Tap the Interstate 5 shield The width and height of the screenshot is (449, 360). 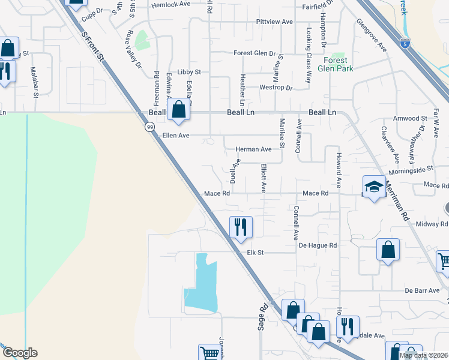(x=406, y=43)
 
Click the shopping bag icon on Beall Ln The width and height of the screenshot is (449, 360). (x=178, y=110)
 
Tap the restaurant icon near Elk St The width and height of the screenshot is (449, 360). (x=240, y=227)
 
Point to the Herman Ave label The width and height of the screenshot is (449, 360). (x=253, y=149)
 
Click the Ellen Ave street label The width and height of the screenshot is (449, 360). (x=176, y=136)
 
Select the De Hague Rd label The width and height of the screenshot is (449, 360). (x=318, y=245)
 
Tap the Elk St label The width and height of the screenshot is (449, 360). (x=256, y=253)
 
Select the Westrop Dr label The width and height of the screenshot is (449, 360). (x=276, y=88)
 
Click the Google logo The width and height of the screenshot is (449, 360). (x=20, y=353)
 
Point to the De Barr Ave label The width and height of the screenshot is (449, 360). (x=422, y=290)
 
